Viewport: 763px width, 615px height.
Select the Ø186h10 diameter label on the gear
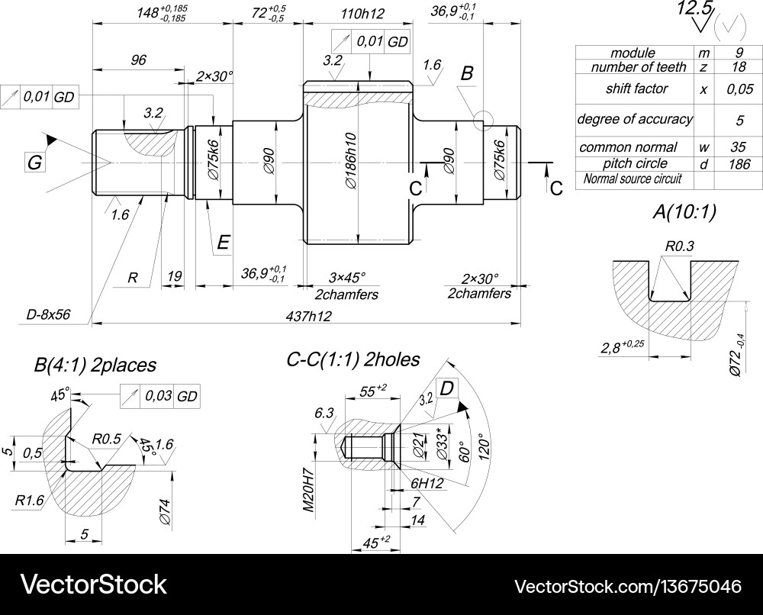coord(350,162)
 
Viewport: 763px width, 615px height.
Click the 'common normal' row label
coord(628,147)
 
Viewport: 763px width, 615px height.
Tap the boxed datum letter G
coord(34,163)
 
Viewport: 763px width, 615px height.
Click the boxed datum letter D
coord(447,388)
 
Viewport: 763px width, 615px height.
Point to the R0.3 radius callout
coord(678,246)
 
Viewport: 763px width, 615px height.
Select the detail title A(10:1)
coord(684,213)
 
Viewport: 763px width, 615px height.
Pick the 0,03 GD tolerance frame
coord(166,396)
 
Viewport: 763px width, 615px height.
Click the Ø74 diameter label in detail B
coord(164,510)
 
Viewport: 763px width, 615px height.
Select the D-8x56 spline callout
coord(48,314)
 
